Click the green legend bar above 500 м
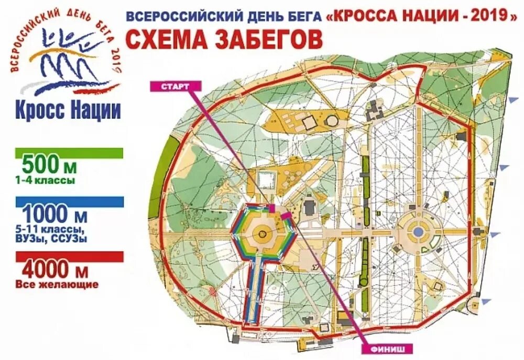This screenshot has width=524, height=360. [69, 153]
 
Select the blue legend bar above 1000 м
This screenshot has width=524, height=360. [69, 202]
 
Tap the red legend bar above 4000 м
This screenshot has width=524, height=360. [69, 256]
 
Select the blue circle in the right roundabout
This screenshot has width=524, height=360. [418, 231]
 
